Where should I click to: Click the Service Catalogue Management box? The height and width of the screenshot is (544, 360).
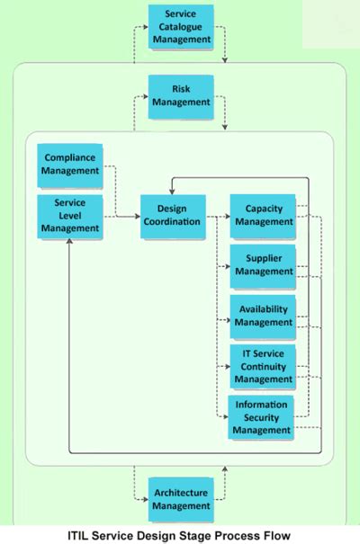[x=180, y=27]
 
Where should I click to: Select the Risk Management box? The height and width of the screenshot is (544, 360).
[x=180, y=95]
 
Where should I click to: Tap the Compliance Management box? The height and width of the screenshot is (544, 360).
[x=70, y=164]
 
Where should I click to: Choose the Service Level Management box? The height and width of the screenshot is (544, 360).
[x=70, y=216]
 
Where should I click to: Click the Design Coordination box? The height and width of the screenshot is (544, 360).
[x=172, y=217]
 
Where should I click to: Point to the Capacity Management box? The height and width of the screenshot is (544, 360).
[x=262, y=216]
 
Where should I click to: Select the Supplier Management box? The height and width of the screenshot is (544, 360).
[x=262, y=265]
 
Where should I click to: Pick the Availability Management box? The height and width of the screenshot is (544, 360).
[x=262, y=316]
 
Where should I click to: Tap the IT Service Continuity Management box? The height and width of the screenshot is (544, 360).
[x=262, y=366]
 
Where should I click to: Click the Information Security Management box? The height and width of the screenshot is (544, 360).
[x=261, y=417]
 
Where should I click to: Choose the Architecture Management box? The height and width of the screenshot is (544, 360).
[x=180, y=500]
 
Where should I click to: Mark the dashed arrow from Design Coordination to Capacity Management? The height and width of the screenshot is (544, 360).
[x=217, y=217]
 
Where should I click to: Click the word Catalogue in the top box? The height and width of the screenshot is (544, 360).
[x=180, y=27]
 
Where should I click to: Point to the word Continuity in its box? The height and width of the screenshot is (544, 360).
[x=263, y=366]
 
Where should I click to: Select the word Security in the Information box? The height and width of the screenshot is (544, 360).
[x=261, y=417]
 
